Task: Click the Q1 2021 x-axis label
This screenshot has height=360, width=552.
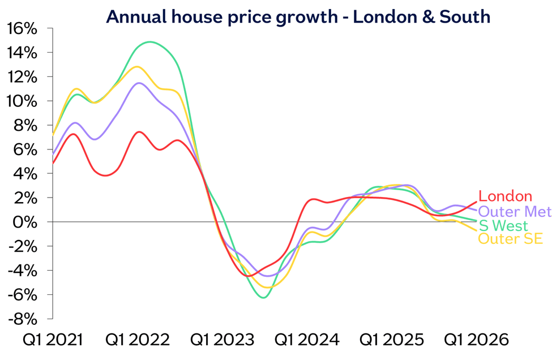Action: (52, 340)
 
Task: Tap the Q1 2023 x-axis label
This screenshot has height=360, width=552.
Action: (222, 340)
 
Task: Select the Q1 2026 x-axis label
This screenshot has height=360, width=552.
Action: (476, 340)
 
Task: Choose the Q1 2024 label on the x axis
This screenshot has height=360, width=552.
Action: (306, 340)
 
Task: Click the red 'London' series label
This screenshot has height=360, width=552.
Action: (505, 196)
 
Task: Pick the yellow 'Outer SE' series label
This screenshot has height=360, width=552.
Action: (510, 239)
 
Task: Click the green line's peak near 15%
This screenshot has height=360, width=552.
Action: (149, 41)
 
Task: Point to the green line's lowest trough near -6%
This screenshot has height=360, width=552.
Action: (263, 297)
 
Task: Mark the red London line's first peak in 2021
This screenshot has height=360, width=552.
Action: (73, 134)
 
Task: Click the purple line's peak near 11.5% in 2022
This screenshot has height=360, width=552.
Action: (139, 83)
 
